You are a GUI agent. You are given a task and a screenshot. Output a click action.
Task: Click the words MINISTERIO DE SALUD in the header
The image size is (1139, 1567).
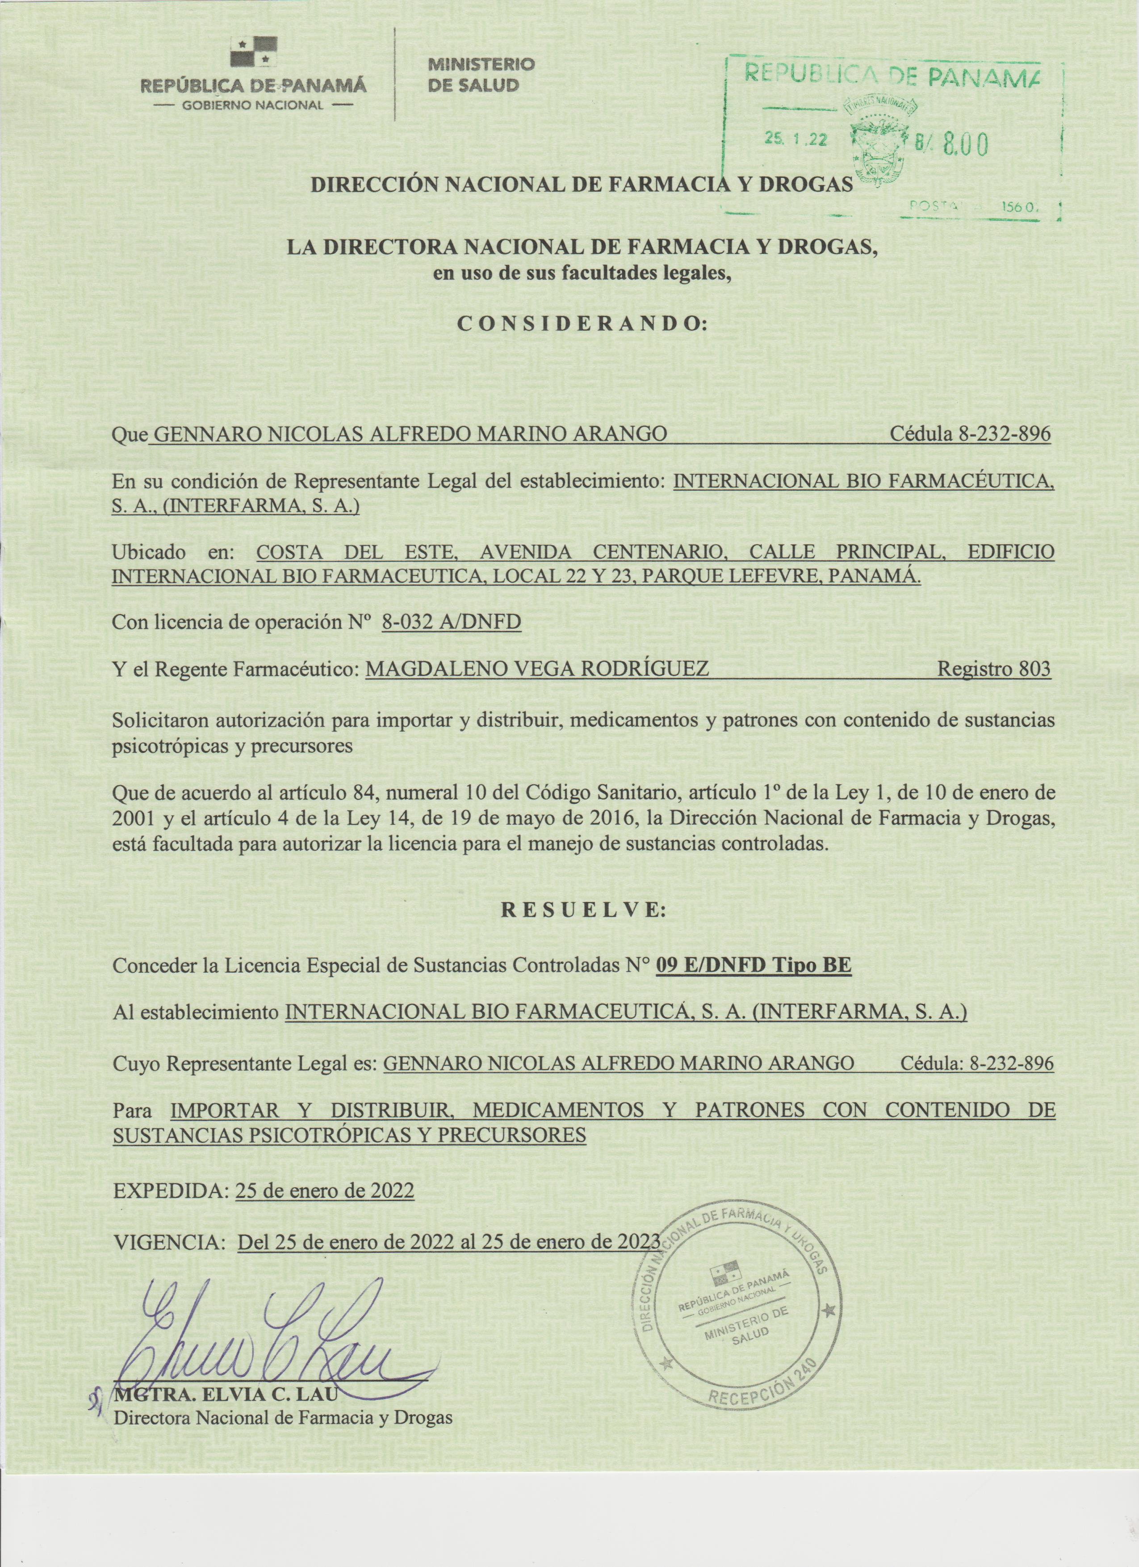[482, 75]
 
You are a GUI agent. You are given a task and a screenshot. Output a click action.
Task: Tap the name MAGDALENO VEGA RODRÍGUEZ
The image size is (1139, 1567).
[537, 669]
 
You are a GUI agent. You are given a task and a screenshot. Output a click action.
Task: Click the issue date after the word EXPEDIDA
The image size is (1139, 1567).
[325, 1190]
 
